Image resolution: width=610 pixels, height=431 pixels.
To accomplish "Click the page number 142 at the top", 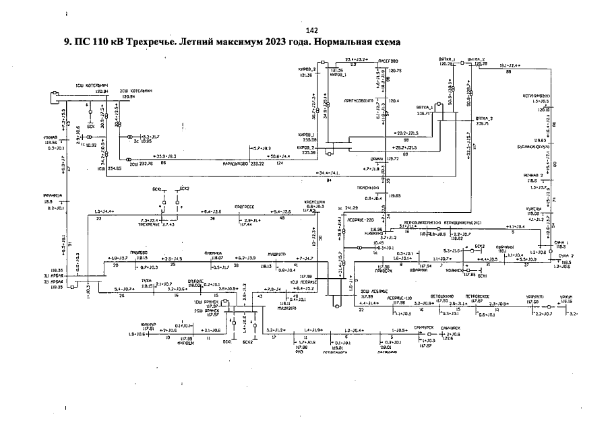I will pyautogui.click(x=311, y=30).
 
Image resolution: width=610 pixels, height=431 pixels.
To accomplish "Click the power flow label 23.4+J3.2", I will pyautogui.click(x=355, y=60).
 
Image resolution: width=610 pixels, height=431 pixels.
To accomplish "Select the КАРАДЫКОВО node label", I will pyautogui.click(x=237, y=164).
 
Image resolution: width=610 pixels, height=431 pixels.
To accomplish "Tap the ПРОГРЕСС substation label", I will pyautogui.click(x=245, y=207).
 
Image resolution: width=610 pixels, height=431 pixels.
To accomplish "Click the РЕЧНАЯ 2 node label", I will pyautogui.click(x=533, y=175).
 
